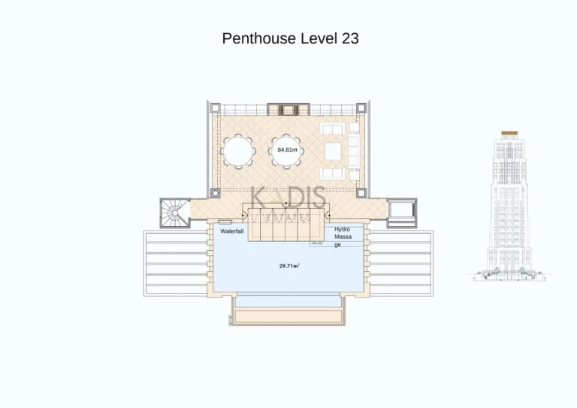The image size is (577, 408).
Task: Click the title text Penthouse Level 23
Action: tap(290, 38)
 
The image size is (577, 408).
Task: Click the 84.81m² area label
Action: tap(286, 150)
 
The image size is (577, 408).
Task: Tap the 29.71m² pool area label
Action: tap(288, 266)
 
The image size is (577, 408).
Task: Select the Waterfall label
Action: tap(231, 231)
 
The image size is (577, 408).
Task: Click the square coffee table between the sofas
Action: tap(333, 151)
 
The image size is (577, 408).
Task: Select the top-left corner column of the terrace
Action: tap(213, 109)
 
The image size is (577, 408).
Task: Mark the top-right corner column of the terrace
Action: tap(361, 109)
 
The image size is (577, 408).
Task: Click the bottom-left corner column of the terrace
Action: tap(213, 193)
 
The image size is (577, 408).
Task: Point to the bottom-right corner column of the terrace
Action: tap(361, 193)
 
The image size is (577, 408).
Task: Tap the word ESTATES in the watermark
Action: tap(288, 218)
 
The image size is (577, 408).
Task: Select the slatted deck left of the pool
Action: tap(175, 263)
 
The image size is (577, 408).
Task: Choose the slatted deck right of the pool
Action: tap(401, 263)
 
